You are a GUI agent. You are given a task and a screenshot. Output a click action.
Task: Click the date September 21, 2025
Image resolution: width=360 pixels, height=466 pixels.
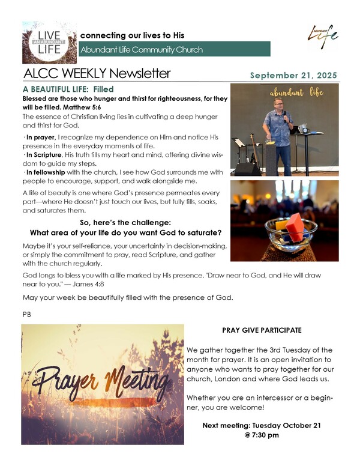293,76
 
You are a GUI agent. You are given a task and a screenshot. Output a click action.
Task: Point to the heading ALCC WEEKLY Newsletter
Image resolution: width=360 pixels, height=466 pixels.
97,74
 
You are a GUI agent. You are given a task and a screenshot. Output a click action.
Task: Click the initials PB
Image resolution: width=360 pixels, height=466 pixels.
26,313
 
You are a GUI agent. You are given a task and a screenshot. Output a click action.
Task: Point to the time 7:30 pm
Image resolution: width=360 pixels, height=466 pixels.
266,435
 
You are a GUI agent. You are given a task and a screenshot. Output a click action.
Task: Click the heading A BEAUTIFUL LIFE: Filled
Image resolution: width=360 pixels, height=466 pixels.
68,89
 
